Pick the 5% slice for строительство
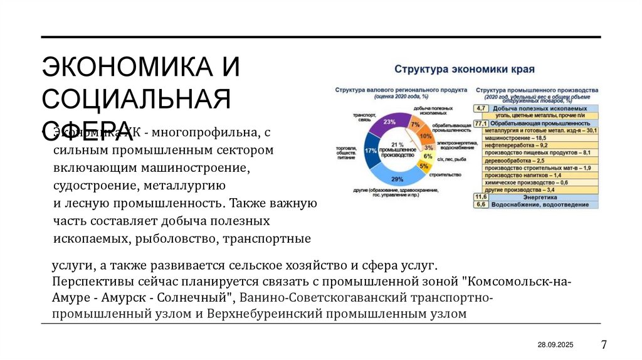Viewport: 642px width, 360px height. (x=424, y=166)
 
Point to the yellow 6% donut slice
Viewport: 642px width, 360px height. (x=428, y=156)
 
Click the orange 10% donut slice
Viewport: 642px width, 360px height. (x=426, y=136)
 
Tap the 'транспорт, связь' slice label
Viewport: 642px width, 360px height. (x=364, y=117)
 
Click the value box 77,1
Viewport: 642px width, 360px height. (x=481, y=124)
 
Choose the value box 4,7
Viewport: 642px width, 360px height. (x=481, y=109)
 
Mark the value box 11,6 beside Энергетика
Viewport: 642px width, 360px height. (x=481, y=197)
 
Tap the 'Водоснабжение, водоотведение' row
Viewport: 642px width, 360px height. (x=539, y=204)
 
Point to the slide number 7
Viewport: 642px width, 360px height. (x=604, y=344)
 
